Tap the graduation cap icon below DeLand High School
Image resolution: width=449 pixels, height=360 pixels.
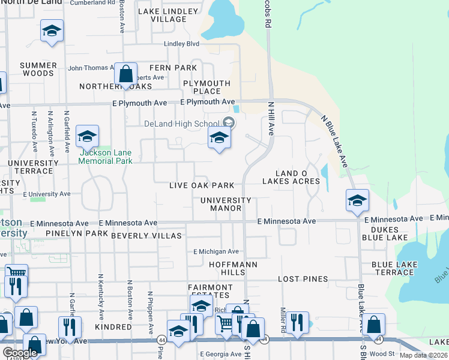click(219, 138)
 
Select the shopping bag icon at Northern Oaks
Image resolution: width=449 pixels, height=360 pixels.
click(125, 75)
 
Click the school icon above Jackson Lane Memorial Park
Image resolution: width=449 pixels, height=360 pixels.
click(87, 137)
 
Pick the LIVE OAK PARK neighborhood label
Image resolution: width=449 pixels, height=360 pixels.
click(201, 185)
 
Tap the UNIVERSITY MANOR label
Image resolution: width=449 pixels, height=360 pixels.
click(226, 204)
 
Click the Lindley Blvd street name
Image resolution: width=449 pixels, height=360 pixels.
click(181, 44)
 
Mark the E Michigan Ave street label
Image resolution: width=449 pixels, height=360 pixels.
click(215, 251)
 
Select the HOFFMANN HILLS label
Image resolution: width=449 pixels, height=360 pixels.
click(227, 268)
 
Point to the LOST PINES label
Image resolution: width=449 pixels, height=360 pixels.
click(303, 279)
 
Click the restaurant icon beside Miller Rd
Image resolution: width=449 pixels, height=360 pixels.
click(297, 323)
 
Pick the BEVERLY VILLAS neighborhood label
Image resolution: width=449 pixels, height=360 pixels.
click(146, 236)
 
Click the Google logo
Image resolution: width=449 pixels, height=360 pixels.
click(19, 353)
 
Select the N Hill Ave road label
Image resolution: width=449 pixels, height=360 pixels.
click(270, 119)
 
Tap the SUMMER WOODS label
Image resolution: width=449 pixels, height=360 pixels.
click(38, 69)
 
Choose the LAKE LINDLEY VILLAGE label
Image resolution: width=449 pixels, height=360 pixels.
click(168, 15)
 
